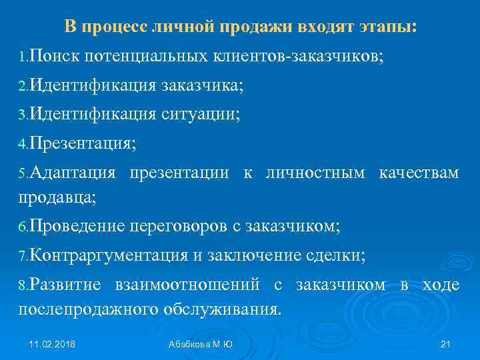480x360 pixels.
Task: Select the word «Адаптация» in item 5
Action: (x=73, y=173)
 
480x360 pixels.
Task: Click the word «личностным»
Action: (x=315, y=173)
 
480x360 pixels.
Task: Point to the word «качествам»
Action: (x=419, y=173)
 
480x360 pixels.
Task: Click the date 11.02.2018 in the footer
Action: (x=52, y=344)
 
